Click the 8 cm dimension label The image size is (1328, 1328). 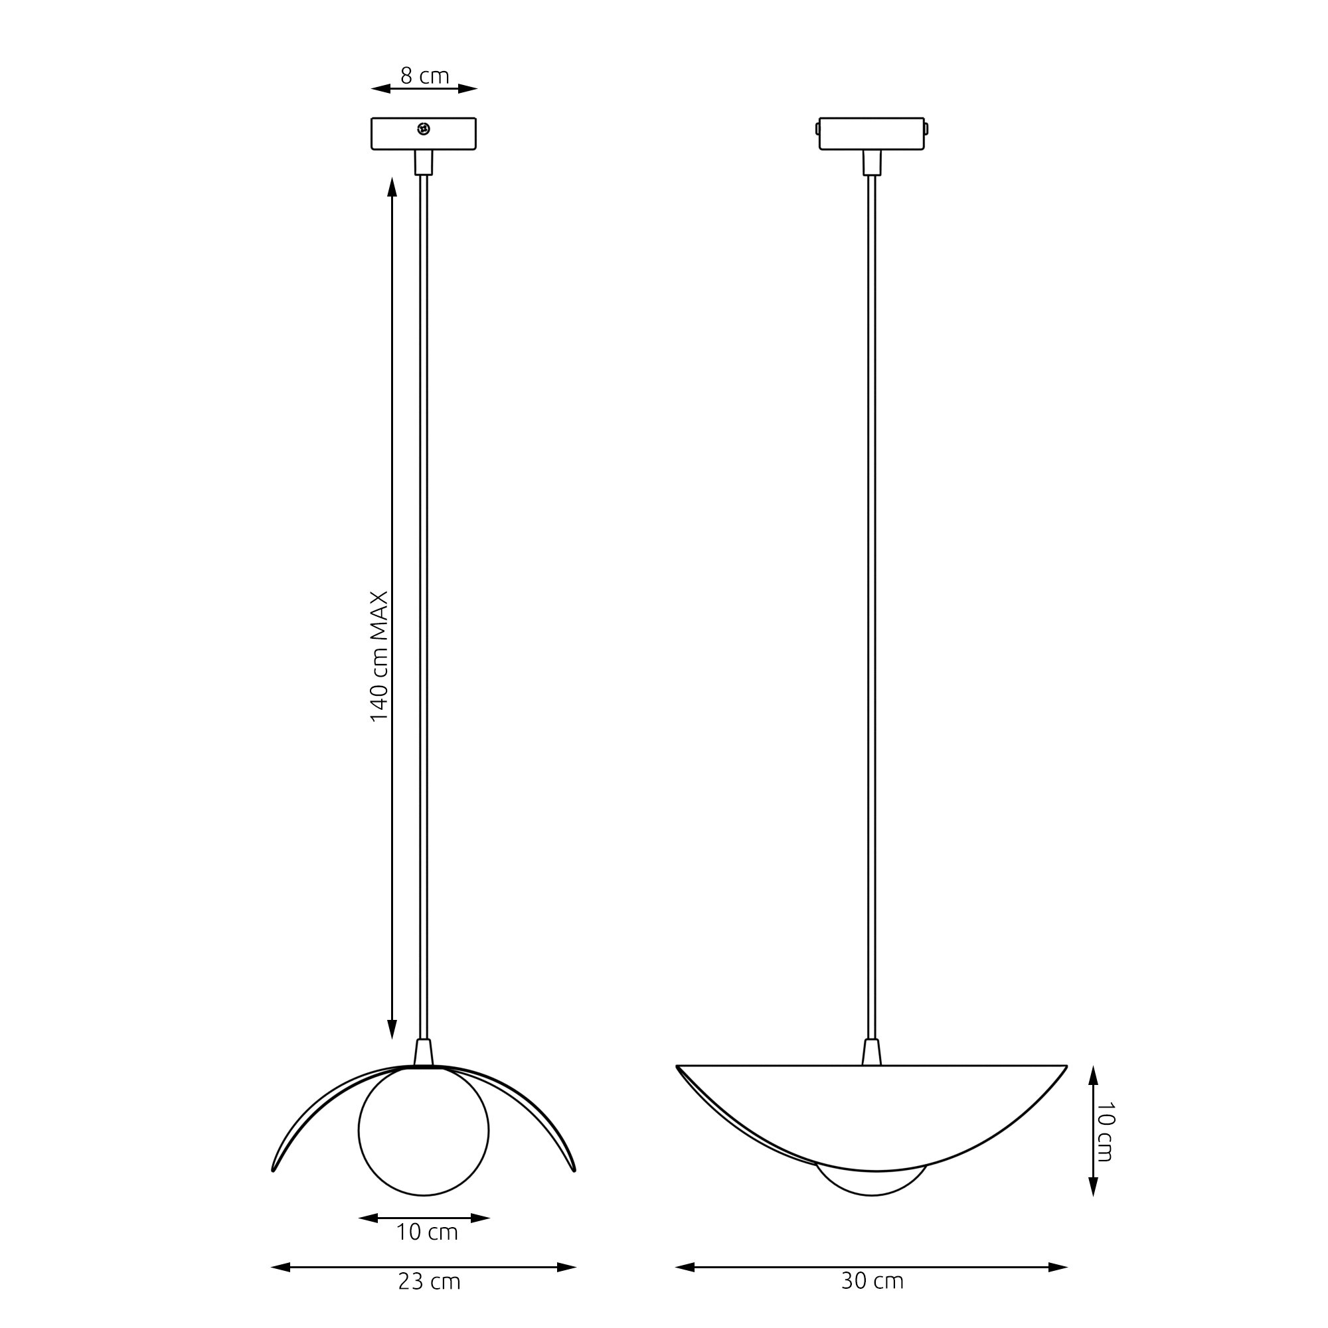(x=424, y=76)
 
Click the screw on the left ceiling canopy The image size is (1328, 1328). (x=424, y=129)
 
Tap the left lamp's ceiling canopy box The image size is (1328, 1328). (x=424, y=133)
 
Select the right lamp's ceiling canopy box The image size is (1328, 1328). (x=872, y=133)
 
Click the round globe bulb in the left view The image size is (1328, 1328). (x=424, y=1131)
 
